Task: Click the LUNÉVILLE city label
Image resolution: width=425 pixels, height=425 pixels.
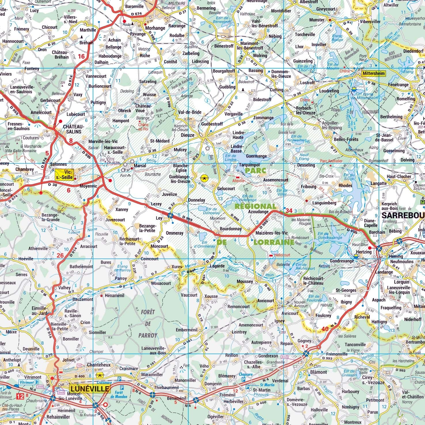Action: (90, 389)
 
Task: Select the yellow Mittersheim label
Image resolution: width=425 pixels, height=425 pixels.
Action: (373, 73)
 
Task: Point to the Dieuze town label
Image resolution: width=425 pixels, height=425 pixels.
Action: (187, 135)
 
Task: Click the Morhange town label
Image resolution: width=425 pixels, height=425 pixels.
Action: (155, 28)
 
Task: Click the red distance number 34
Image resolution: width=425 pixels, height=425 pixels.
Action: (289, 211)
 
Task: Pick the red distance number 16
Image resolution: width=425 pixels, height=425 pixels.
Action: (81, 56)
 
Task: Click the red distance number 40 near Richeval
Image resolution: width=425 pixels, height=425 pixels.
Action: (325, 329)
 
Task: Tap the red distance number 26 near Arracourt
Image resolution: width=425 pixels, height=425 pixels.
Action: (60, 255)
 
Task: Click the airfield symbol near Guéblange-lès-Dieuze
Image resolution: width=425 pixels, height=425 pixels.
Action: (204, 178)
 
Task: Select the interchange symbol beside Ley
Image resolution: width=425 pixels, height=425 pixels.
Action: (170, 215)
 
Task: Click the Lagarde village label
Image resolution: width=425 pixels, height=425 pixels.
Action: (217, 266)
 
